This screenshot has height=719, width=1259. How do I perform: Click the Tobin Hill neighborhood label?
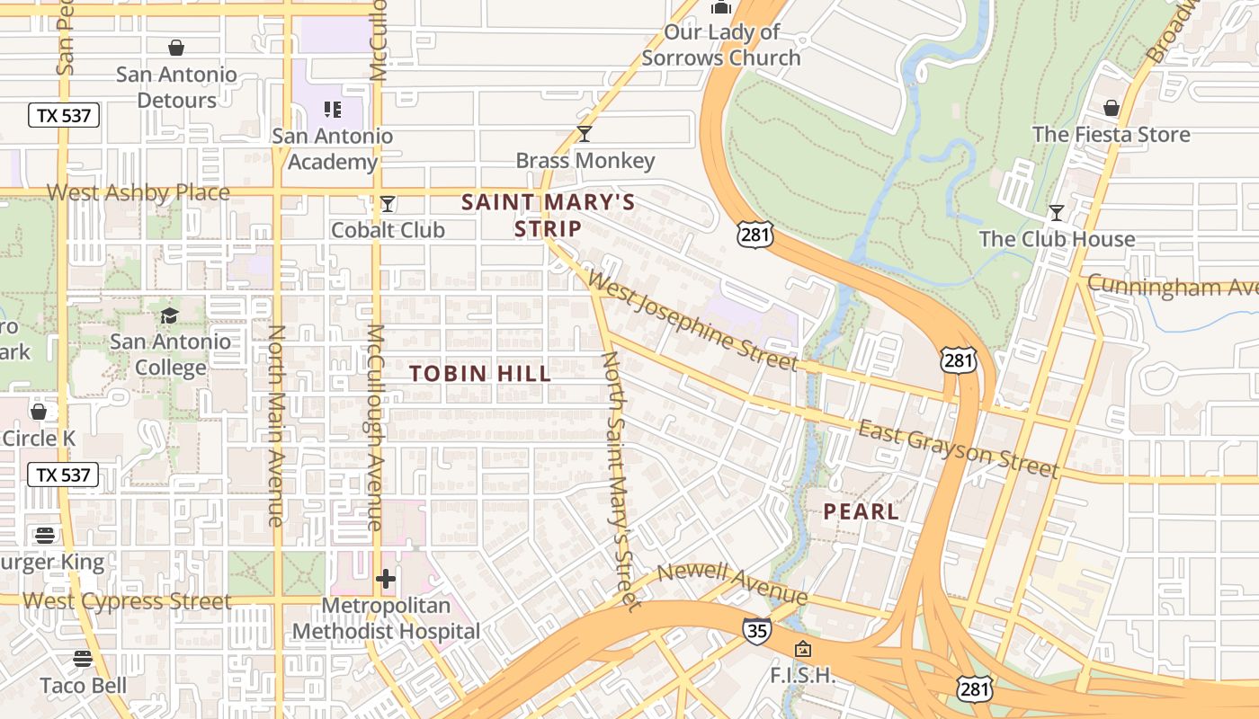coord(480,373)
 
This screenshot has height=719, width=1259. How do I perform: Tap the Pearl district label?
coord(861,511)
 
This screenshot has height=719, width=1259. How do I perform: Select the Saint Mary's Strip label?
coord(548,215)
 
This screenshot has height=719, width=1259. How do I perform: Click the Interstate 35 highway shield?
coord(756,631)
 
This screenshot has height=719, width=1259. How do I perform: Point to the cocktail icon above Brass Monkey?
coord(585,134)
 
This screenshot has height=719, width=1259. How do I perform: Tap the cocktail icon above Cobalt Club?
coord(388,204)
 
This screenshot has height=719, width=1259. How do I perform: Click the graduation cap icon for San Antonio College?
coord(169,315)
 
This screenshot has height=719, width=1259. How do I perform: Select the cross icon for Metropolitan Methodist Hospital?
coord(386,579)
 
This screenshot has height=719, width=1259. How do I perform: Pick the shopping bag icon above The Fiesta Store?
coord(1111,108)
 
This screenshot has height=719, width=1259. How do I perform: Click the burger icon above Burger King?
coord(45,536)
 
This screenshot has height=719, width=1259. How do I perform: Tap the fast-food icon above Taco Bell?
coord(83,659)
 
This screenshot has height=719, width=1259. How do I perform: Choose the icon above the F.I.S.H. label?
coord(803,649)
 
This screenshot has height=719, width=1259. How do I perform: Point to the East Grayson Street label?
coord(958,448)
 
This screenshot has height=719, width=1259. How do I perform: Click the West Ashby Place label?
coord(138,192)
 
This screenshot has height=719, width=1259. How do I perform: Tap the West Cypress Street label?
coord(127,601)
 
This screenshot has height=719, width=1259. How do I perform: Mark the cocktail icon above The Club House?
coord(1057,213)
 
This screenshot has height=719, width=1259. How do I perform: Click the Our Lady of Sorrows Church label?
coord(720,45)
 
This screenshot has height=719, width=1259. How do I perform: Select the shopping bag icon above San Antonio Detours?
coord(176,47)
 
